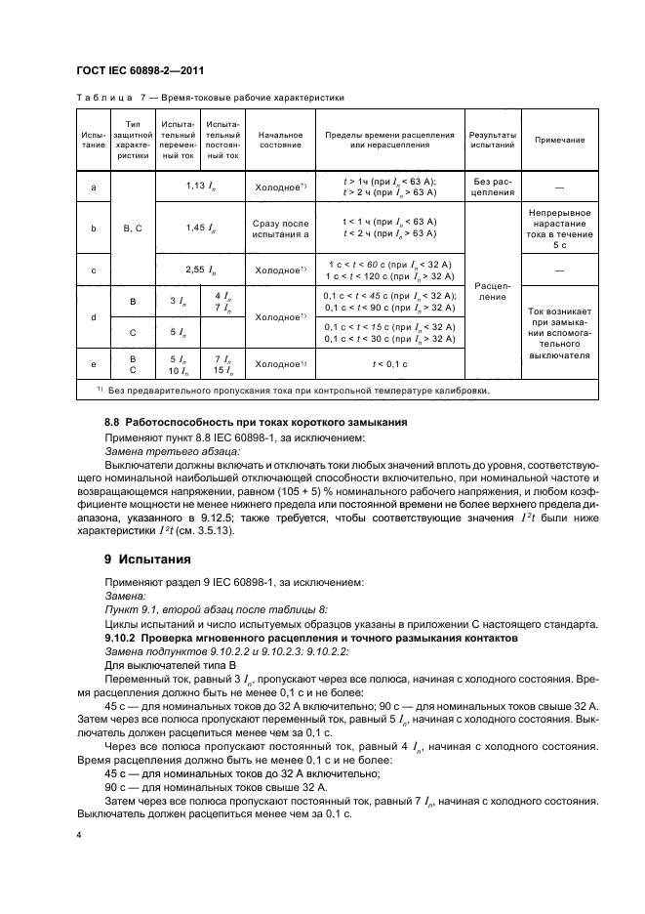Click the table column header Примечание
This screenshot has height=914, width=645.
[559, 140]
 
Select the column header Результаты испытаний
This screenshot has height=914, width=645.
[493, 140]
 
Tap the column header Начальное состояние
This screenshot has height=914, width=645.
[279, 140]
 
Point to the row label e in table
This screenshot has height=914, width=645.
[93, 363]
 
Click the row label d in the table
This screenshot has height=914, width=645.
[93, 317]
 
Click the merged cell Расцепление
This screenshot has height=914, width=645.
[493, 290]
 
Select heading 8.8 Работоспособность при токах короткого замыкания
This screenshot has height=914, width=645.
[242, 421]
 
